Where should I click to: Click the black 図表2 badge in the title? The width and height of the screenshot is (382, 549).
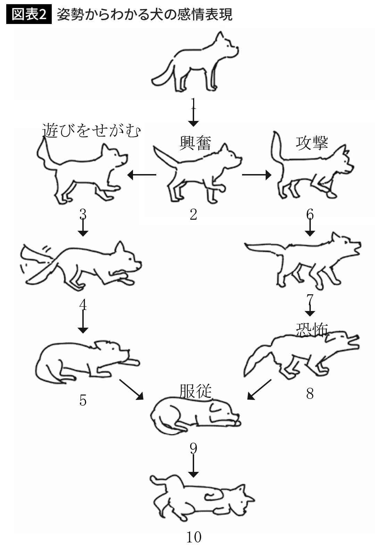point(28,15)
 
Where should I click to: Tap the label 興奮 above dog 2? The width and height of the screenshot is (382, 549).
point(195,142)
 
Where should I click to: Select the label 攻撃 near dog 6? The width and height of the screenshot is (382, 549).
point(312,142)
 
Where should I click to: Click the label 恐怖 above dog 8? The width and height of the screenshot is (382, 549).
point(312,329)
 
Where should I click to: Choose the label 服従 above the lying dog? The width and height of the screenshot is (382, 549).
point(196,391)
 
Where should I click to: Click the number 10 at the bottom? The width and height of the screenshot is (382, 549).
point(194,537)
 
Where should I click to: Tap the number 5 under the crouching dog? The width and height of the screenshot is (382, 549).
point(83,400)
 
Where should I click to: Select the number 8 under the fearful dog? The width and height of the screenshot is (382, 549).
point(310,393)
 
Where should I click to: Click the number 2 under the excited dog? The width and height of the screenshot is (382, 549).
point(193,214)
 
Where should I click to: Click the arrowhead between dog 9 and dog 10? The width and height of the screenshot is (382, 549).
point(193,473)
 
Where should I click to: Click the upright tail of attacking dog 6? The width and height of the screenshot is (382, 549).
point(276,146)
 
